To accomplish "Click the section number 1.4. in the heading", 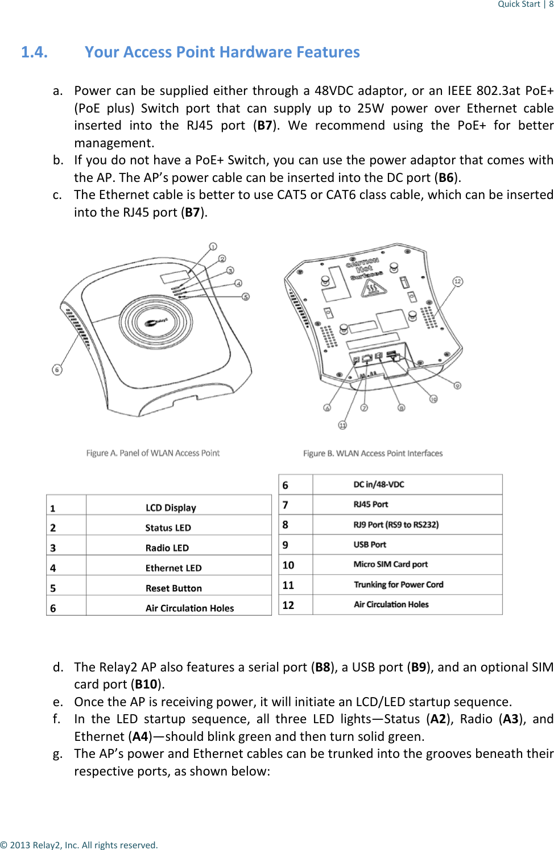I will point(34,52).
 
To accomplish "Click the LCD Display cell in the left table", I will point(171,508).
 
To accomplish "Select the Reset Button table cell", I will point(173,588).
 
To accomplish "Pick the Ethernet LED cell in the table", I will point(173,568).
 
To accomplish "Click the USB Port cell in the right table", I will point(370,545).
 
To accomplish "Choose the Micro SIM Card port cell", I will point(390,565).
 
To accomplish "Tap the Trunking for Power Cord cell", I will point(398,584).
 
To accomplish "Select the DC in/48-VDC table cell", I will point(379,484).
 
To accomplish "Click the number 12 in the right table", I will point(288,605).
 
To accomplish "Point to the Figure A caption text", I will point(152,453).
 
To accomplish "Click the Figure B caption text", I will point(373,453).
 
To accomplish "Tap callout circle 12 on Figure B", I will point(457,281).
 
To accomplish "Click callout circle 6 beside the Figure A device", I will point(57,370).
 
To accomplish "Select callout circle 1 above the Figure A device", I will point(213,247).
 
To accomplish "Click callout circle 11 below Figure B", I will point(342,425).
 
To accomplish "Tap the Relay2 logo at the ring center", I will point(156,322).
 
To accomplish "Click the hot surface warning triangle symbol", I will point(374,289).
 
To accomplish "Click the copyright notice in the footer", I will point(79,845).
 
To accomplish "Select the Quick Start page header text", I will point(519,4).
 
